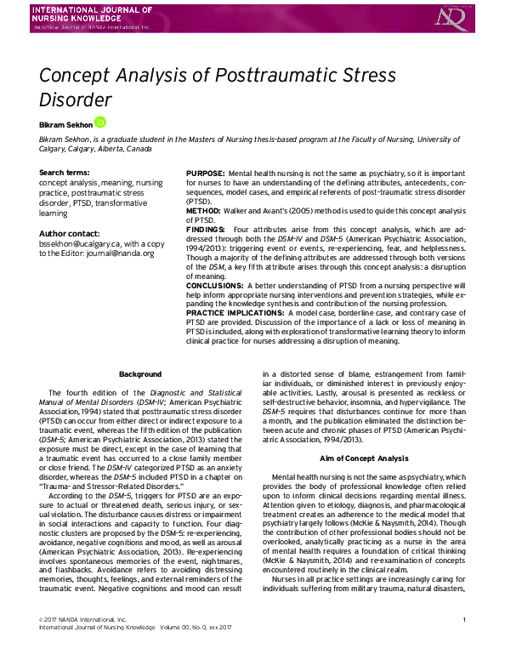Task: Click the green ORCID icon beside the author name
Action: tap(99, 122)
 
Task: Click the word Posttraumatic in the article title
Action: tap(256, 74)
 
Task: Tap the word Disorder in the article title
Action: tap(76, 100)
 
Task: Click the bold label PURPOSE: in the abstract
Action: tap(206, 173)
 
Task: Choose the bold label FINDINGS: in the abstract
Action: tap(207, 231)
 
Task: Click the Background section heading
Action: tap(140, 373)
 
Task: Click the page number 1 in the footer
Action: tap(462, 643)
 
